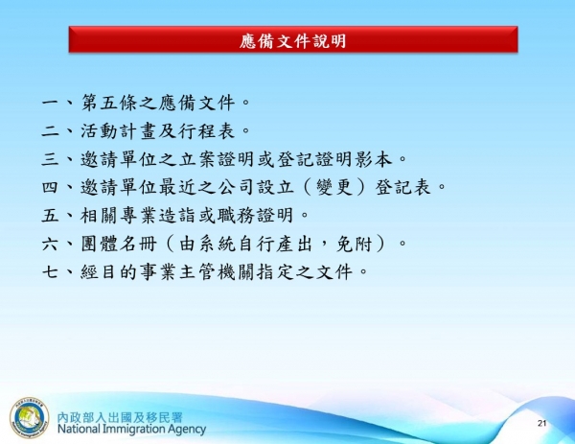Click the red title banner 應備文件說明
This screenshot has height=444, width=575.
pyautogui.click(x=292, y=40)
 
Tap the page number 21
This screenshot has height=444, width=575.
pyautogui.click(x=541, y=423)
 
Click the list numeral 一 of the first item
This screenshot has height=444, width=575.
pyautogui.click(x=52, y=101)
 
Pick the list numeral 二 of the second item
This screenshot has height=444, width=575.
pyautogui.click(x=52, y=129)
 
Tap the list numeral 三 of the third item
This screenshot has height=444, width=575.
pyautogui.click(x=52, y=158)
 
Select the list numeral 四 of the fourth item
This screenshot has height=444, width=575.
pyautogui.click(x=52, y=186)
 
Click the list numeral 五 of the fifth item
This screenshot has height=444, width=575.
pyautogui.click(x=52, y=214)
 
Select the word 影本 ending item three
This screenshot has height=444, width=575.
pyautogui.click(x=379, y=158)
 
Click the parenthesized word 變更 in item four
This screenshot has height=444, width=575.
pyautogui.click(x=338, y=186)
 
